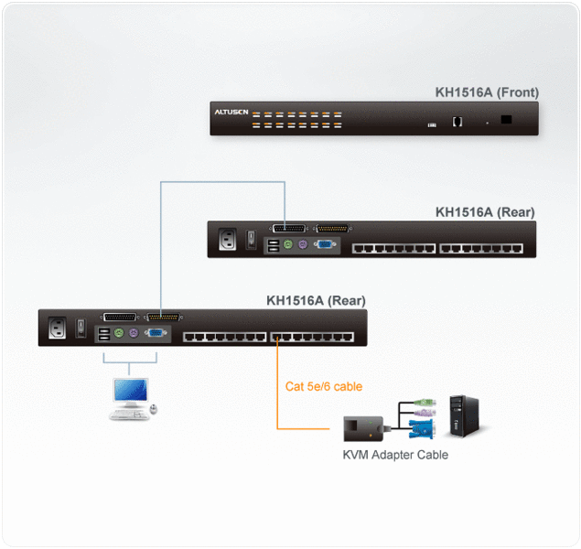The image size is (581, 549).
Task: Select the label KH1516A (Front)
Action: [487, 92]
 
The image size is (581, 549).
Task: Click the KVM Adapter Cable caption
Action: [395, 455]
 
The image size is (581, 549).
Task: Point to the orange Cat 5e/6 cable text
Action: [323, 386]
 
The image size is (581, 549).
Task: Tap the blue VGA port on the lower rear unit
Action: [156, 335]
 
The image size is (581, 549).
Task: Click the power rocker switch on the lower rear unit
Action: [81, 328]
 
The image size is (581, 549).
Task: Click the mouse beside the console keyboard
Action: [154, 408]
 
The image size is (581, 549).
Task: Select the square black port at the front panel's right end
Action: [507, 118]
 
